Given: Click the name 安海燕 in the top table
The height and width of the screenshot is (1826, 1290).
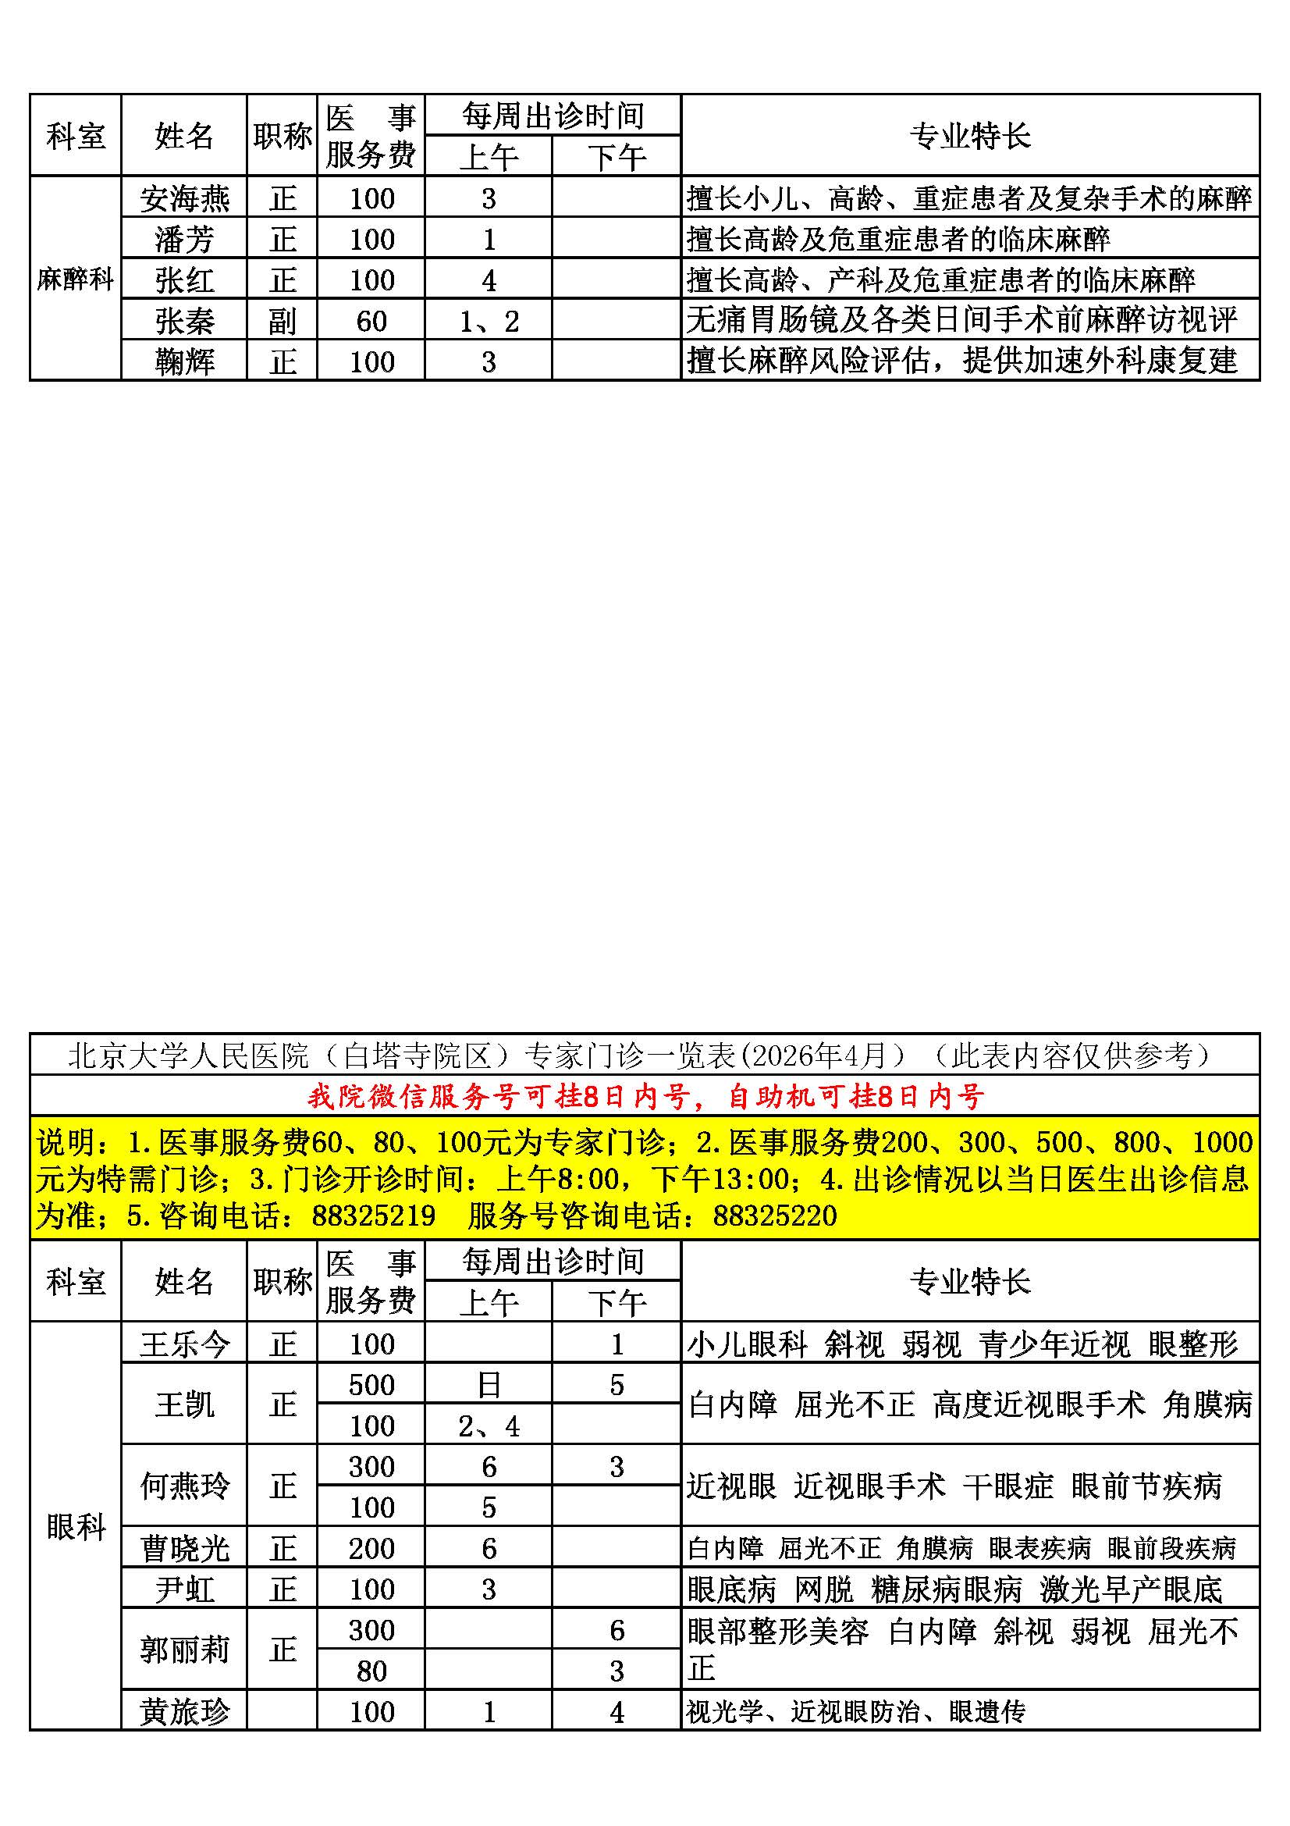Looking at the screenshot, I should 184,198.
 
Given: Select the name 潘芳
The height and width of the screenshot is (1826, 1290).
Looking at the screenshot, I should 184,240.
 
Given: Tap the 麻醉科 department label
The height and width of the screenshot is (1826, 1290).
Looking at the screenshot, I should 76,279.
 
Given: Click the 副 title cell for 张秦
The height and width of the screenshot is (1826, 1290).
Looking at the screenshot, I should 283,322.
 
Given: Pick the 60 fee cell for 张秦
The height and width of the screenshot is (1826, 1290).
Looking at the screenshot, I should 371,322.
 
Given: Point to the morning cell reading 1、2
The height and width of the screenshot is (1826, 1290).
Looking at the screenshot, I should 489,322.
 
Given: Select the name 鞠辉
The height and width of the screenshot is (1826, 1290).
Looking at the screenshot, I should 184,362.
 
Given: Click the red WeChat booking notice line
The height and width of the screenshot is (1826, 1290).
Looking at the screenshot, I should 645,1097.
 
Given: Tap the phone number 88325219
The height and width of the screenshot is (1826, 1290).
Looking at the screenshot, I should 374,1216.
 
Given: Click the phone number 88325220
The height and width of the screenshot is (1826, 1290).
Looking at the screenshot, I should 775,1216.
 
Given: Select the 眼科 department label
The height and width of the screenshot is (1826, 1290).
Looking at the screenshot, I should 76,1526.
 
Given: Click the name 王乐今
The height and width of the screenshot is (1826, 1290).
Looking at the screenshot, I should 184,1345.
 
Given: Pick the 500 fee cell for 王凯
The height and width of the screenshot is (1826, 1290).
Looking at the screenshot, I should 371,1386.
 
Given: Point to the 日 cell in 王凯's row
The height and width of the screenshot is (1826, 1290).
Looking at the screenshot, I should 489,1386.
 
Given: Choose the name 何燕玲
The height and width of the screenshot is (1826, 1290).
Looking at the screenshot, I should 184,1486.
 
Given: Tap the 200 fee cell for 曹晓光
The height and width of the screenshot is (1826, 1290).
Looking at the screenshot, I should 371,1548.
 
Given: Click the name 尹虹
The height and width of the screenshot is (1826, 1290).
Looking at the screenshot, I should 184,1589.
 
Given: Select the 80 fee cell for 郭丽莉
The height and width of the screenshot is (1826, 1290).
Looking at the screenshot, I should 371,1671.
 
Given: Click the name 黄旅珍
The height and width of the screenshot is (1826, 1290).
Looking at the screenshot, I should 184,1711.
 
